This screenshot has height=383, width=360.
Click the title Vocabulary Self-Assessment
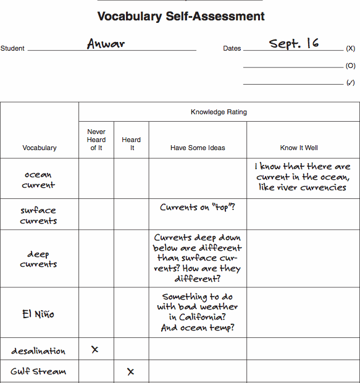[181, 17]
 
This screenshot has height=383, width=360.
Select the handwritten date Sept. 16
[294, 43]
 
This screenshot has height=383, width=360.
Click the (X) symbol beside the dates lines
[350, 48]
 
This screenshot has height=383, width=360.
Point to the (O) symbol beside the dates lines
[350, 65]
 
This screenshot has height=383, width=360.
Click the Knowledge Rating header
[219, 112]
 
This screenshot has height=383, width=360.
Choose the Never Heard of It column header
[96, 140]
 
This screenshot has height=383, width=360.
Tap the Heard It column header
[132, 144]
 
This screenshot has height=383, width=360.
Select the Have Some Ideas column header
[198, 148]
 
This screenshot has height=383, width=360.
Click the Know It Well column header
[298, 148]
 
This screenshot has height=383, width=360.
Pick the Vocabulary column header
[40, 148]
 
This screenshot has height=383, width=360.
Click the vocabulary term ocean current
[38, 179]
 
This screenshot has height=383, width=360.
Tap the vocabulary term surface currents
[38, 215]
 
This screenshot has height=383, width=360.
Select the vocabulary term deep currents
[38, 259]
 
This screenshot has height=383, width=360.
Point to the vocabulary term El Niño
[38, 314]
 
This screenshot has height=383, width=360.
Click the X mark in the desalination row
[95, 350]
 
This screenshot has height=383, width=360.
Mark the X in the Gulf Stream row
[130, 371]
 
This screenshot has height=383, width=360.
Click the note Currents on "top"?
[198, 208]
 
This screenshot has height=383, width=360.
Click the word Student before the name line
[12, 48]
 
